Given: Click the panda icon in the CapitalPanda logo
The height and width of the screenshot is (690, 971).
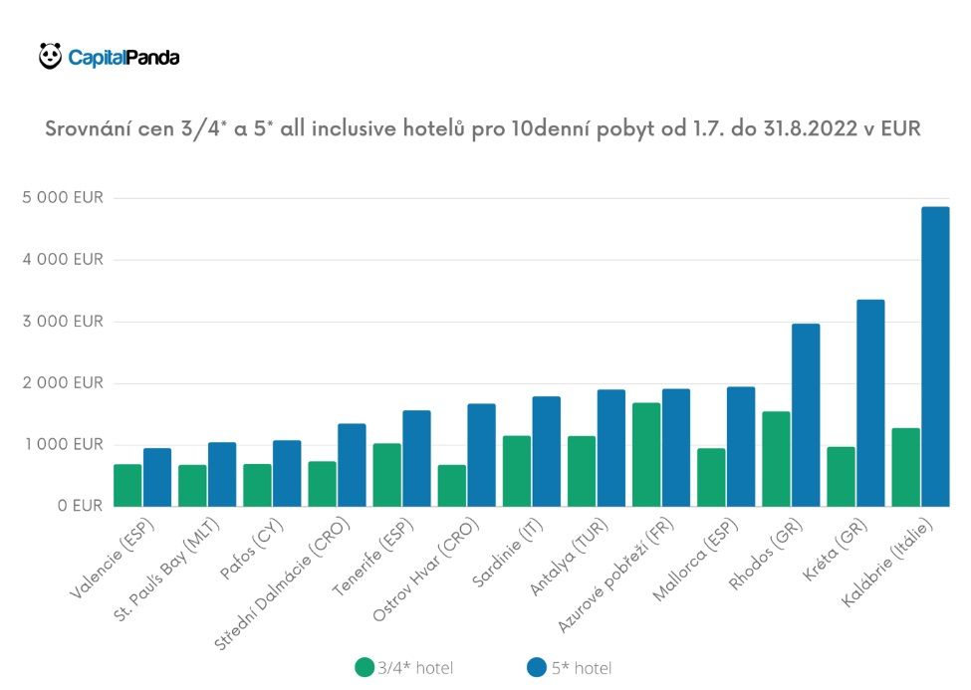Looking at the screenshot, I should (x=50, y=56).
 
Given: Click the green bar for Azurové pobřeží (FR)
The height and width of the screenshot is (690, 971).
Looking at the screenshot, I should (x=645, y=454).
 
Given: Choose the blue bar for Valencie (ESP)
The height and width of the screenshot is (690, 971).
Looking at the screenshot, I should (x=157, y=477).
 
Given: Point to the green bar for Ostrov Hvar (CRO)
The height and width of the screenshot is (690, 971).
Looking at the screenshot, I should (x=451, y=485).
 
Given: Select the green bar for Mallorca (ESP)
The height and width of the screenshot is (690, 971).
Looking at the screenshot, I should (x=710, y=477).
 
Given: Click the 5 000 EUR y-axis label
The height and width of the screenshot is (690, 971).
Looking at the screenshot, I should (x=62, y=198).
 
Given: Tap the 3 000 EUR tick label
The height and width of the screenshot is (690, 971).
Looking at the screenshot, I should (x=62, y=322).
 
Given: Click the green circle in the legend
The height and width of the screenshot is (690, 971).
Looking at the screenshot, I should (x=364, y=667).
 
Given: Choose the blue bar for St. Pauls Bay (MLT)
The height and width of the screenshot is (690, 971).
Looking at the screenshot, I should (x=222, y=474).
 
